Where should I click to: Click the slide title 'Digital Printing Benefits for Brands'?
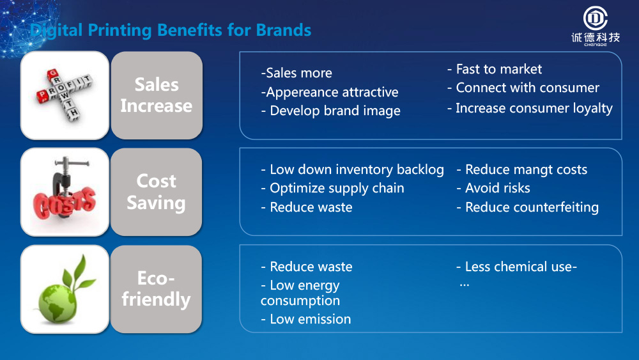point(171,30)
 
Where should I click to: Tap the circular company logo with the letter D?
point(596,19)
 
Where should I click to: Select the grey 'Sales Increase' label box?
point(157,95)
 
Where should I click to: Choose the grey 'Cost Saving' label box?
point(157,192)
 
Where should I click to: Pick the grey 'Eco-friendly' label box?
point(157,288)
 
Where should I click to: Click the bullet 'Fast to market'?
point(495,69)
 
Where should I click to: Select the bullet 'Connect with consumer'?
point(523,88)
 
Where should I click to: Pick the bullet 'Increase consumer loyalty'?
point(530,109)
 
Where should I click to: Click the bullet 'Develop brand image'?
point(330,111)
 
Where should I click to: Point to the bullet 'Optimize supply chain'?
point(332,189)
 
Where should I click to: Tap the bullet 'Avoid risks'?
point(493,188)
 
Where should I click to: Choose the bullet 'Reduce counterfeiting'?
point(527,207)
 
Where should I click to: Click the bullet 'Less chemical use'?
point(516,267)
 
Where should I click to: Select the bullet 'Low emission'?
point(305,319)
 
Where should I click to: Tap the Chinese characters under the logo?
point(596,38)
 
